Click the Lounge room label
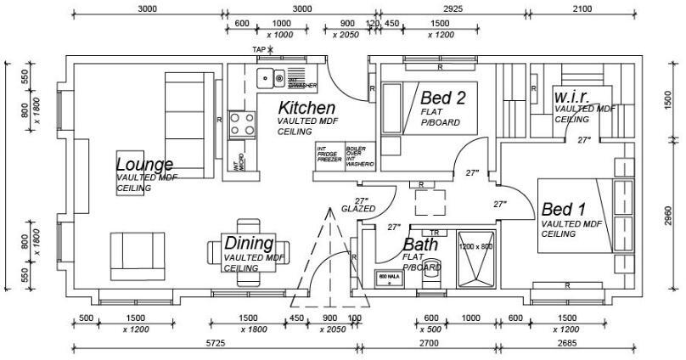[x=144, y=164]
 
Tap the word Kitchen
[x=306, y=109]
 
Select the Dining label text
[x=249, y=244]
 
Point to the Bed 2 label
[x=443, y=98]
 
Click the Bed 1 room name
[x=564, y=209]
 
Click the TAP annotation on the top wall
[x=259, y=49]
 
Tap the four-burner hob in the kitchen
[x=242, y=125]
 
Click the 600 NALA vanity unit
[x=389, y=279]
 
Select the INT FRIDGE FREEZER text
[x=329, y=154]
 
